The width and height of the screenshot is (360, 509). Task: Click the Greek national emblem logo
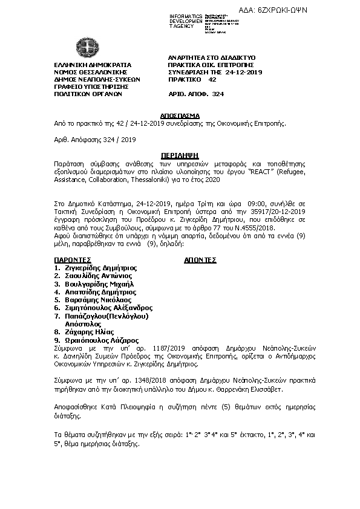(83, 47)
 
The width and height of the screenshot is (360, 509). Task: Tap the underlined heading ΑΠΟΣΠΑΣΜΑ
(180, 114)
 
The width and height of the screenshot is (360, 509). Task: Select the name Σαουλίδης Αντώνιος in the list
(97, 274)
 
